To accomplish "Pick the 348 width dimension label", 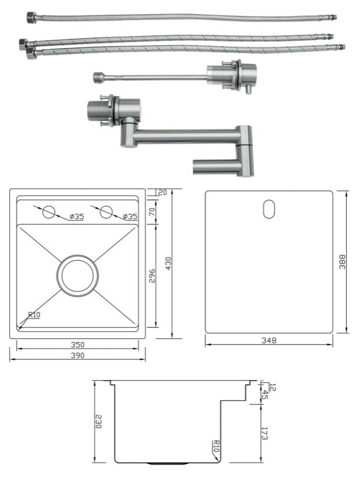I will pyautogui.click(x=269, y=340).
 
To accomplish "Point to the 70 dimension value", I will pyautogui.click(x=153, y=212).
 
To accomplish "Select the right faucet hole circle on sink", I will pyautogui.click(x=106, y=212).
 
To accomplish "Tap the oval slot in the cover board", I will pyautogui.click(x=269, y=209).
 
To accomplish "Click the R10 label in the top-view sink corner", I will pyautogui.click(x=34, y=315).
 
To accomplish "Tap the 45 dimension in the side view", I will pyautogui.click(x=265, y=395).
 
